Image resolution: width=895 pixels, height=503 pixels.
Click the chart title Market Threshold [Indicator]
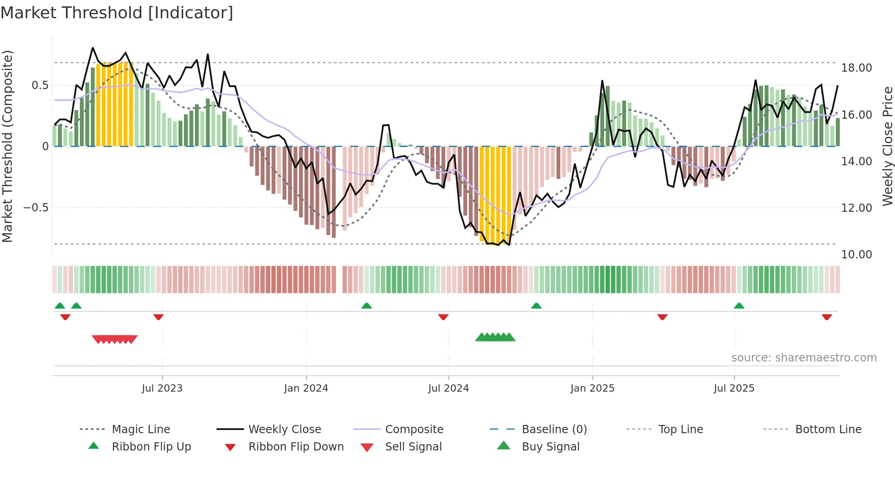(117, 13)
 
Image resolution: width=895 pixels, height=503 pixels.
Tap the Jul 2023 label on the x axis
(162, 388)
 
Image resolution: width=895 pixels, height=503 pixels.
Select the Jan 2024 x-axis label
(306, 388)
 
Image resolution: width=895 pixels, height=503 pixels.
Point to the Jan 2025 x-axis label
(592, 388)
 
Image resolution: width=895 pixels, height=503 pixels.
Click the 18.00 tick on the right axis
(856, 68)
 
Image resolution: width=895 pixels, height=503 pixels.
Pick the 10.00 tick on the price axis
(856, 255)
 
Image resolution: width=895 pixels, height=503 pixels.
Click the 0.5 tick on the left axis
(40, 85)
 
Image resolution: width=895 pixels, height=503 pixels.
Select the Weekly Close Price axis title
(887, 146)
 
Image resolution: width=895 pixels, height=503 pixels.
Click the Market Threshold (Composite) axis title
(7, 146)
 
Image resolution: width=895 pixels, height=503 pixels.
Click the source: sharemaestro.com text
(804, 358)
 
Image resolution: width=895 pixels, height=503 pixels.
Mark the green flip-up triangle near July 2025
(739, 306)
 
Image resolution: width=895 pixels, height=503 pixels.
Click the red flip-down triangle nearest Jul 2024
(443, 317)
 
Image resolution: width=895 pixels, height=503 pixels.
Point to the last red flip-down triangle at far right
(827, 317)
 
